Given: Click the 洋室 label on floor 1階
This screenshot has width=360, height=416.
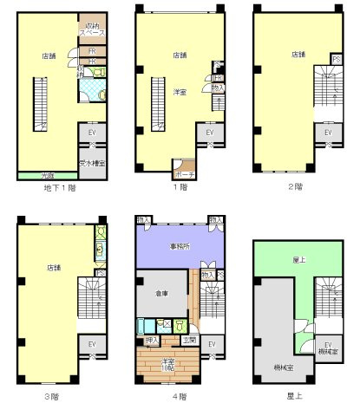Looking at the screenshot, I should (x=181, y=93).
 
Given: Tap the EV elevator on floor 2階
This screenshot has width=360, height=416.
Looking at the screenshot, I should (x=328, y=133).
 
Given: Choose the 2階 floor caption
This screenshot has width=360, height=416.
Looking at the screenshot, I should (x=298, y=186).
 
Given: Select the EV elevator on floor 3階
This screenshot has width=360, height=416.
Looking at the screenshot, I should (x=91, y=344).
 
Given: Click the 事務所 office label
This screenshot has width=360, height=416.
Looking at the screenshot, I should (x=180, y=247).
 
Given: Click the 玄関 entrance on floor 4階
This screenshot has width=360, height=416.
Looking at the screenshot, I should (x=190, y=340).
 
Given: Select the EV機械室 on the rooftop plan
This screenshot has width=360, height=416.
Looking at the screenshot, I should (x=328, y=348).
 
